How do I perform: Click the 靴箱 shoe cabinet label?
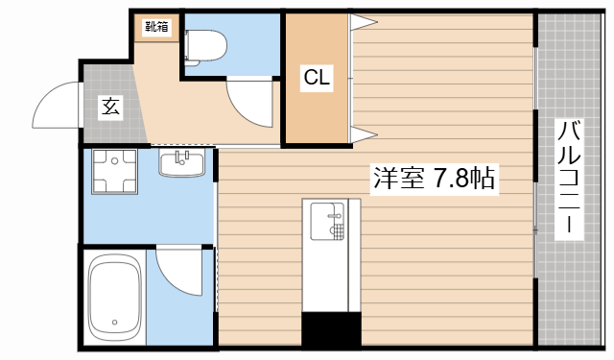pyautogui.click(x=156, y=27)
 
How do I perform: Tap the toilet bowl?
pyautogui.click(x=207, y=44)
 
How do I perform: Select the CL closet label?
pyautogui.click(x=318, y=79)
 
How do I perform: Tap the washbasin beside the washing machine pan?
pyautogui.click(x=181, y=164)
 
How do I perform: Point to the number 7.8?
pyautogui.click(x=451, y=179)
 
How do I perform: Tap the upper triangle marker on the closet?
pyautogui.click(x=366, y=21)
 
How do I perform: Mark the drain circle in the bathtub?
pyautogui.click(x=114, y=322)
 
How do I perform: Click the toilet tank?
pyautogui.click(x=190, y=44)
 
